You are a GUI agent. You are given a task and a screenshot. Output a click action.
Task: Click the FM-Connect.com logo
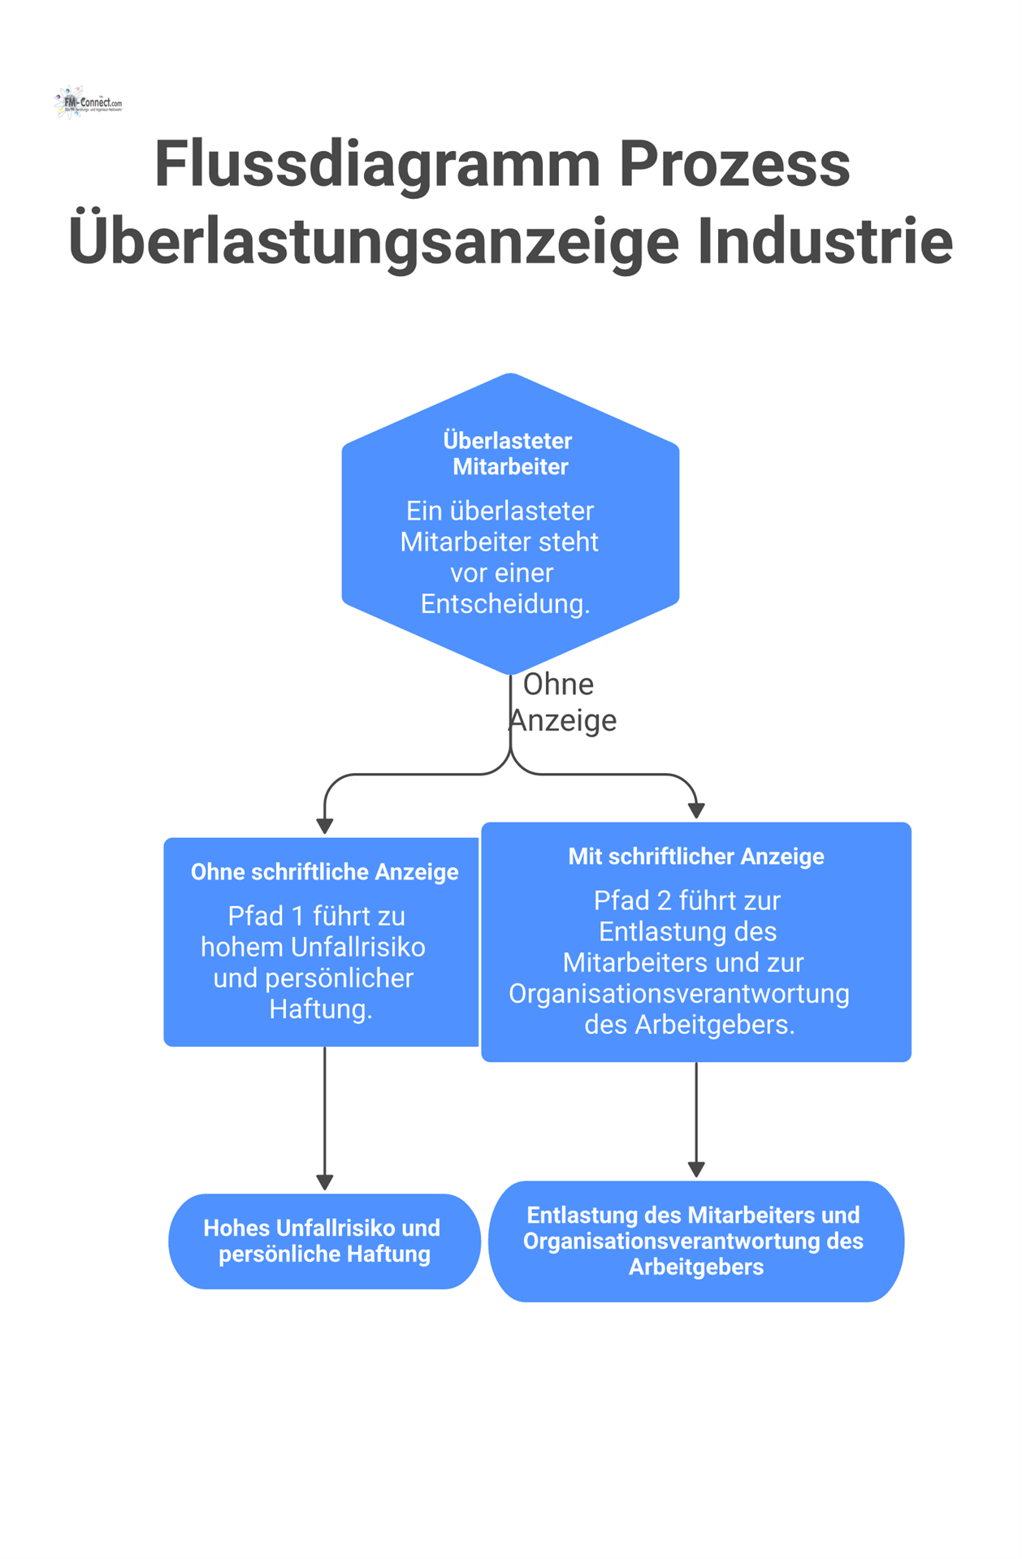point(88,103)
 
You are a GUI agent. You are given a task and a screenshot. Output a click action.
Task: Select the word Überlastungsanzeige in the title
point(374,242)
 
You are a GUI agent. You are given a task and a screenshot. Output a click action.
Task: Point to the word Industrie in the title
point(825,242)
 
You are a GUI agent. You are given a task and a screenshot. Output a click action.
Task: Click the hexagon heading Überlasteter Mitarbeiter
point(509,454)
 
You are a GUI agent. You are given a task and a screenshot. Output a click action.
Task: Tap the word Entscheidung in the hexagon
point(505,604)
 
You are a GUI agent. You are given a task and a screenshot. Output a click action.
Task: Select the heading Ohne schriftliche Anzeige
point(324,872)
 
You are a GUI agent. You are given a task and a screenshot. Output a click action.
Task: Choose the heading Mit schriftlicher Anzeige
point(695,857)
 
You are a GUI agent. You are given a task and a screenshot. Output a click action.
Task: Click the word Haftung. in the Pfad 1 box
point(321,1009)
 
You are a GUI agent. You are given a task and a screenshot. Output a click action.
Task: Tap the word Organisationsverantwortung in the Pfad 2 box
point(678,994)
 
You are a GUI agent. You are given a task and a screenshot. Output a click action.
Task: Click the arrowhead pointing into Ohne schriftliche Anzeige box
point(325,827)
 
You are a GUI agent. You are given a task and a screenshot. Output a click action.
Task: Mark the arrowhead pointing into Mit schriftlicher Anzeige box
point(696,810)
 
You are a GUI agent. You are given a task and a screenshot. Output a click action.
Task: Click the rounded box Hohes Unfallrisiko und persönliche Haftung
point(324,1241)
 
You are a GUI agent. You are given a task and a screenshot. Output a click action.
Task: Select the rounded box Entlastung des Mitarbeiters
point(695,1241)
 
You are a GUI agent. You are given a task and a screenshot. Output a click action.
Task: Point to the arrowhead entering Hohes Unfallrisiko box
point(325,1182)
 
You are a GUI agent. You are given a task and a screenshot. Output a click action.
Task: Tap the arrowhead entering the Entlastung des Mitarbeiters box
point(696,1169)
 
